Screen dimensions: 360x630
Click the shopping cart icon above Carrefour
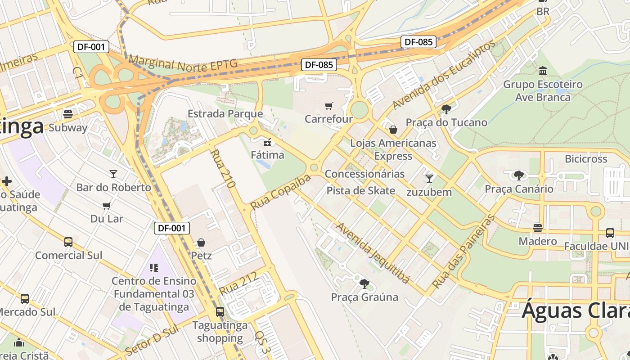pyautogui.click(x=329, y=106)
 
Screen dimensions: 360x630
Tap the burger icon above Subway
pyautogui.click(x=68, y=114)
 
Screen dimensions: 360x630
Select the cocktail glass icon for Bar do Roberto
pyautogui.click(x=113, y=174)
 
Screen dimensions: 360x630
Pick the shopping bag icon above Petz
pyautogui.click(x=201, y=243)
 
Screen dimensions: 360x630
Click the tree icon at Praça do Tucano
pyautogui.click(x=446, y=109)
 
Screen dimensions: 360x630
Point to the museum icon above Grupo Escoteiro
pyautogui.click(x=543, y=71)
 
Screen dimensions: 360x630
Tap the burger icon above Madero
pyautogui.click(x=538, y=228)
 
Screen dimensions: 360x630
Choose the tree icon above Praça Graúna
pyautogui.click(x=364, y=283)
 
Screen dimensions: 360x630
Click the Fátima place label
pyautogui.click(x=268, y=155)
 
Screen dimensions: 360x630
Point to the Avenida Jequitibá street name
pyautogui.click(x=373, y=253)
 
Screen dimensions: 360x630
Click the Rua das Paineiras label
pyautogui.click(x=463, y=252)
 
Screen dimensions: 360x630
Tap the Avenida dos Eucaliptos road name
pyautogui.click(x=444, y=75)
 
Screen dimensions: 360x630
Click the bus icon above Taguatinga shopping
pyautogui.click(x=220, y=311)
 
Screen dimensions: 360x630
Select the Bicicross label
pyautogui.click(x=586, y=159)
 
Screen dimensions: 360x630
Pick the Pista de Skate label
pyautogui.click(x=361, y=190)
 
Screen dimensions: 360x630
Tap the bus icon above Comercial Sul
pyautogui.click(x=68, y=242)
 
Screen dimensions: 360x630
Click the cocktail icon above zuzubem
pyautogui.click(x=429, y=178)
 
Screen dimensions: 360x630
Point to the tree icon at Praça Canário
pyautogui.click(x=519, y=175)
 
